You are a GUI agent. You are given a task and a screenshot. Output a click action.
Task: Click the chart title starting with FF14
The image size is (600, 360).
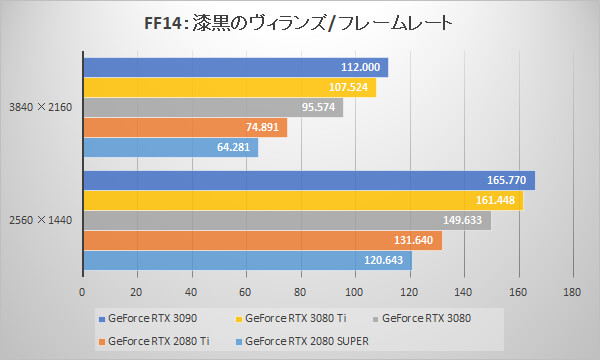(x=299, y=21)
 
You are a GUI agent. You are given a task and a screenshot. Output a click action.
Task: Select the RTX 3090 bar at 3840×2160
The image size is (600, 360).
(x=235, y=67)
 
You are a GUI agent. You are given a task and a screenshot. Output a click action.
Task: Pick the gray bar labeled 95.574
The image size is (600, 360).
(x=212, y=107)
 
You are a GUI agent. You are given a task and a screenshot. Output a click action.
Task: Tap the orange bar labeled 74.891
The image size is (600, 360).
(x=184, y=127)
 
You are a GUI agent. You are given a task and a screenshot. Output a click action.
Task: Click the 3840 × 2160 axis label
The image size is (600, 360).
(x=39, y=107)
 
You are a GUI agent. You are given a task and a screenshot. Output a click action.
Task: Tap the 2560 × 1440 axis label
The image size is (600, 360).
(x=39, y=221)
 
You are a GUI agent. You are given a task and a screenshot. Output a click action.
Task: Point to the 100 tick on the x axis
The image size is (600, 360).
(x=354, y=293)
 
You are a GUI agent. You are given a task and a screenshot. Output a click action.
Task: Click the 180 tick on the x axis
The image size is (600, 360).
(x=571, y=293)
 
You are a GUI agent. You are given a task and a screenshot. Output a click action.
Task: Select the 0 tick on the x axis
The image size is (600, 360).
(x=82, y=293)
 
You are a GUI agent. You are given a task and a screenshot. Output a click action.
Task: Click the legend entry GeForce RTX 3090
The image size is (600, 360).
(x=149, y=319)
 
